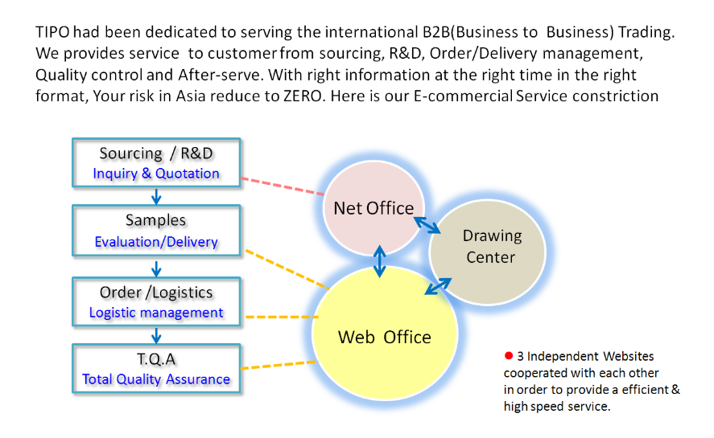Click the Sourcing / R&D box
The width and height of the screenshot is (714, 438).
pyautogui.click(x=156, y=162)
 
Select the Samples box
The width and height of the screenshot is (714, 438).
pyautogui.click(x=156, y=230)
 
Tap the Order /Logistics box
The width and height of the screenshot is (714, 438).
pyautogui.click(x=156, y=301)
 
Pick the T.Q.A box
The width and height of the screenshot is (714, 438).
pyautogui.click(x=156, y=369)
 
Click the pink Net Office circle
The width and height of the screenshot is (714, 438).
pyautogui.click(x=373, y=208)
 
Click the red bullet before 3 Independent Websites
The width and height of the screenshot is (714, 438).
pyautogui.click(x=509, y=355)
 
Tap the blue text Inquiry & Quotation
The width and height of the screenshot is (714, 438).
pyautogui.click(x=156, y=174)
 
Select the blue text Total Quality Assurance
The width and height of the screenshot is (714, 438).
pyautogui.click(x=156, y=379)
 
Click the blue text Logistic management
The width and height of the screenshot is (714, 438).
pyautogui.click(x=156, y=313)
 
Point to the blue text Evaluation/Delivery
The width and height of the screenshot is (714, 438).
pyautogui.click(x=156, y=241)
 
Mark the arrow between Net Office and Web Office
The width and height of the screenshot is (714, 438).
pyautogui.click(x=380, y=261)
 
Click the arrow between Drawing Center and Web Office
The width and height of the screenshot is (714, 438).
pyautogui.click(x=439, y=286)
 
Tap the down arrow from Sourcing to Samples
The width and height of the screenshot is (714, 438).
pyautogui.click(x=156, y=195)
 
